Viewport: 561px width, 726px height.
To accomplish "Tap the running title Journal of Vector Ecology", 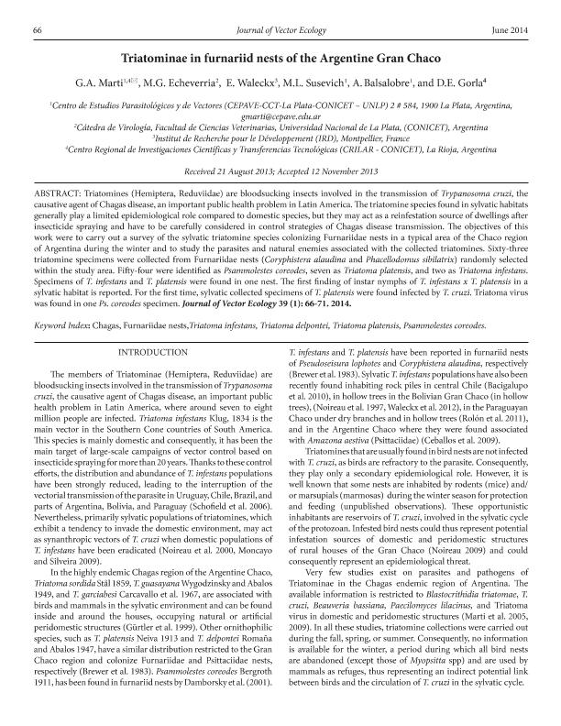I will (280, 31).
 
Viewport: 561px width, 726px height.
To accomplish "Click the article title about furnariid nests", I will (280, 56).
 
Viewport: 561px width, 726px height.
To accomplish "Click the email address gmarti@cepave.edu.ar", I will (280, 117).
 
